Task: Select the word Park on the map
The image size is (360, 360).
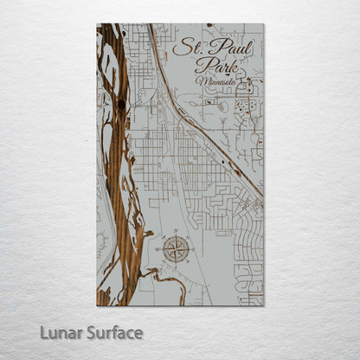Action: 214,66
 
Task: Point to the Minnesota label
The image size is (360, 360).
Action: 219,82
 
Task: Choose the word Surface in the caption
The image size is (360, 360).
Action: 115,333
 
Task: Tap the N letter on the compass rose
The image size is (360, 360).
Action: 177,234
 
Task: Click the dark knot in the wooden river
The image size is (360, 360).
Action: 121,105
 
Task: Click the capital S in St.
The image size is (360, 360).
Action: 179,48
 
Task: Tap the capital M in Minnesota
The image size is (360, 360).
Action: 201,81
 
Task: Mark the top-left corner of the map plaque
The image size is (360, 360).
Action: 97,23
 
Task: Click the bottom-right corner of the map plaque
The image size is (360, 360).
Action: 264,305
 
